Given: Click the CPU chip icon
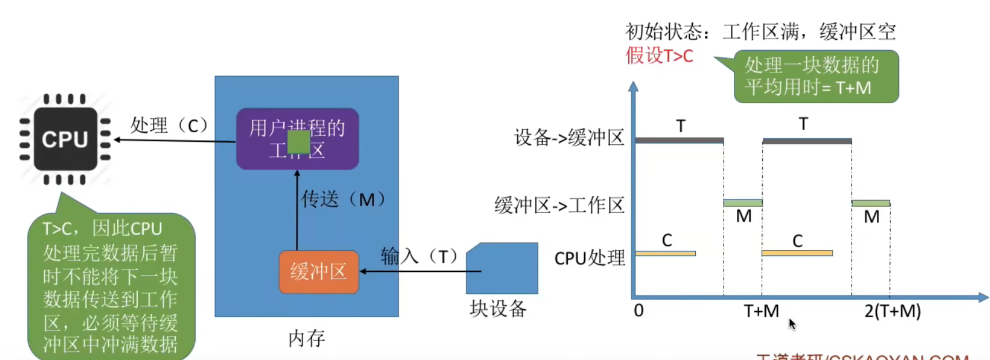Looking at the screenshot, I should click(65, 139).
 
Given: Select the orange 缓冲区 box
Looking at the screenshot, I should click(318, 272).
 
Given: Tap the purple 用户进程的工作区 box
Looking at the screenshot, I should click(297, 139).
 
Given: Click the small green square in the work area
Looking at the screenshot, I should click(298, 142).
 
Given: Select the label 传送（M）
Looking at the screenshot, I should click(343, 199).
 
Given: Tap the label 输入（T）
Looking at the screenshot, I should click(420, 257).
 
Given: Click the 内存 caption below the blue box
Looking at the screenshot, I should click(306, 338).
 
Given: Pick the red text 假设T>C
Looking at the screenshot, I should click(659, 56).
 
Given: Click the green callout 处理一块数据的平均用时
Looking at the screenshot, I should click(815, 76).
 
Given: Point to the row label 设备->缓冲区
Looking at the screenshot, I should click(568, 138).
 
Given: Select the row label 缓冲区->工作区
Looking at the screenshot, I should click(559, 205).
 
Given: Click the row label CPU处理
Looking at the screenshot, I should click(590, 258).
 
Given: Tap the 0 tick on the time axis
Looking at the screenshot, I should click(638, 310).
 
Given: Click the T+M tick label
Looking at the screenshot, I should click(761, 311).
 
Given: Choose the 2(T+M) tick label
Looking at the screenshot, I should click(892, 311).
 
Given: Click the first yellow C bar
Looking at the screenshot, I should click(665, 254).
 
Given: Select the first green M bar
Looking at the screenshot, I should click(743, 203).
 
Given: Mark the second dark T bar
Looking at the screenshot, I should click(807, 141).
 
